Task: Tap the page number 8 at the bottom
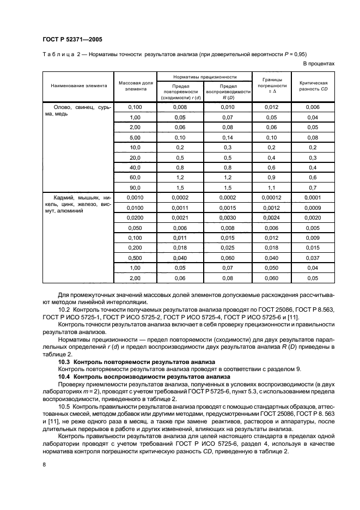(x=44, y=464)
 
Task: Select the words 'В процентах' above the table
(x=319, y=63)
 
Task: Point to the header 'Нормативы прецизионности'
(x=204, y=77)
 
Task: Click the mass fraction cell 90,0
(x=135, y=187)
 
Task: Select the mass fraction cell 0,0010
(x=135, y=197)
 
